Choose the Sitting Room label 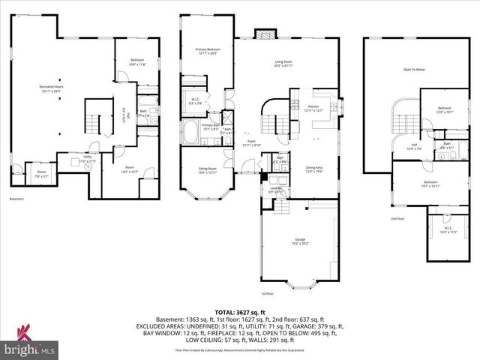pos(207,171)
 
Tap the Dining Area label pos(314,169)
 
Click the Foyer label pos(251,143)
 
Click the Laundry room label pos(275,189)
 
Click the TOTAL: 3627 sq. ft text pos(240,311)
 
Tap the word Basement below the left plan pos(16,199)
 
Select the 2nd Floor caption pos(397,219)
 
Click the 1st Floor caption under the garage pos(266,294)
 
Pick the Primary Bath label pos(209,127)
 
